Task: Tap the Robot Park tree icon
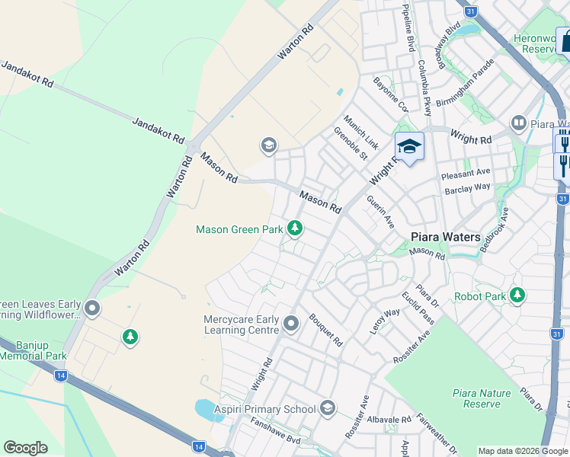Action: [518, 295]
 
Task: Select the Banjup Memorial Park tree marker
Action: [130, 336]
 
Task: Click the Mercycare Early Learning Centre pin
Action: [290, 324]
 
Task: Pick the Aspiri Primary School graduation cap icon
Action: [328, 409]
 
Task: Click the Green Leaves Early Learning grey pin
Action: [92, 308]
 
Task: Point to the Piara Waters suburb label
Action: [446, 237]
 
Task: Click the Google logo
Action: [25, 448]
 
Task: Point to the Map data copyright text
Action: [523, 451]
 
